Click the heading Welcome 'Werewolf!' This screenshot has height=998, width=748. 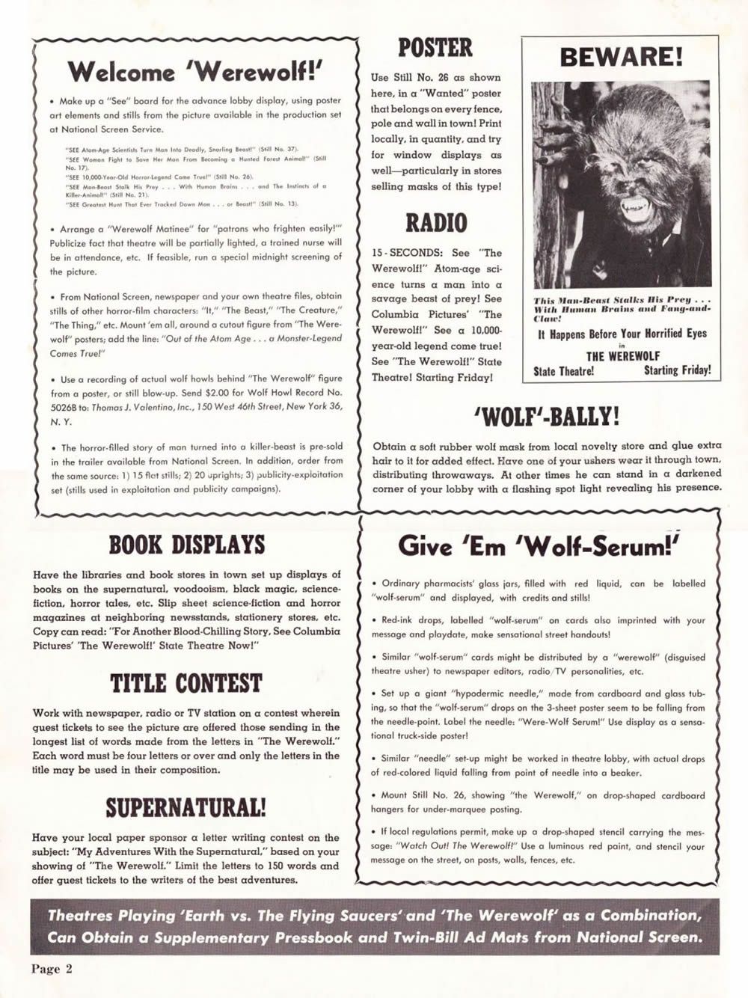pyautogui.click(x=195, y=72)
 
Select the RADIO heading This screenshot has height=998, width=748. pyautogui.click(x=435, y=223)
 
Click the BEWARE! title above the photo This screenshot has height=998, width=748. pyautogui.click(x=620, y=57)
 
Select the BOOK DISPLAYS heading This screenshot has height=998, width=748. pyautogui.click(x=186, y=545)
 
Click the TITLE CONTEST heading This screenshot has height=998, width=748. pyautogui.click(x=186, y=683)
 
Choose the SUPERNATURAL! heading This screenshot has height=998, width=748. pyautogui.click(x=186, y=808)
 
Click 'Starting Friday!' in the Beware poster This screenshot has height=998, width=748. pyautogui.click(x=677, y=370)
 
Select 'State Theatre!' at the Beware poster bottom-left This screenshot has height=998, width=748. pyautogui.click(x=563, y=371)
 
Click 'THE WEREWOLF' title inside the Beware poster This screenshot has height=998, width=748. pyautogui.click(x=622, y=356)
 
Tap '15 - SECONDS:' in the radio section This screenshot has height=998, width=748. pyautogui.click(x=408, y=254)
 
